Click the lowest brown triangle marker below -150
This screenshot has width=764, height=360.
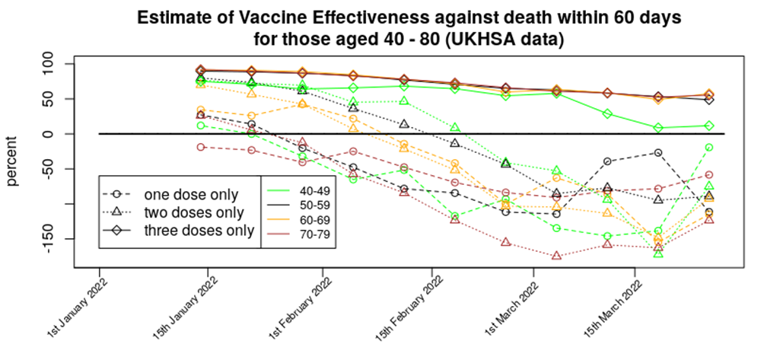coord(557,256)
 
